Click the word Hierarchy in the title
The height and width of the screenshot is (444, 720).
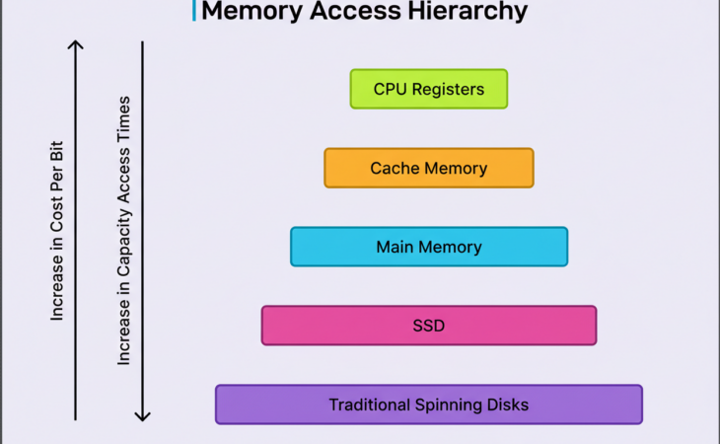point(465,12)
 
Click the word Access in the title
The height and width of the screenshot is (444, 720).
point(353,12)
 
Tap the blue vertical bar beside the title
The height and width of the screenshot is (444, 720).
point(193,11)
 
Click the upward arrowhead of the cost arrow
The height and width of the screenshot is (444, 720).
point(75,43)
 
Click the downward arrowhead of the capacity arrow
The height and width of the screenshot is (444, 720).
point(143,415)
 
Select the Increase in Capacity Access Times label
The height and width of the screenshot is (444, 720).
point(124,231)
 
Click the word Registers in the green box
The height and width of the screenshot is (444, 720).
point(448,89)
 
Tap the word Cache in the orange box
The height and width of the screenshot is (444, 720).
point(394,168)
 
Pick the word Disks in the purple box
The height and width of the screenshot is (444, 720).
point(508,405)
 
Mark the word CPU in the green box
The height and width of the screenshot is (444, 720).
point(390,89)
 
